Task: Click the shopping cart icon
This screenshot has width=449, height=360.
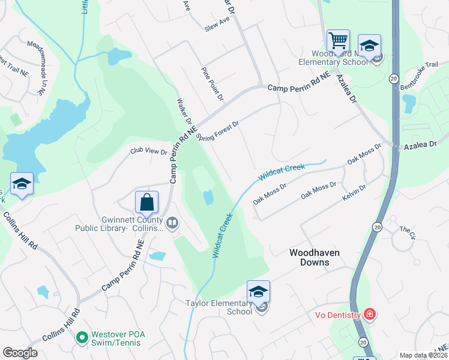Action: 338,41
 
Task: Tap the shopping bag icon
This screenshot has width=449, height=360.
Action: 146,202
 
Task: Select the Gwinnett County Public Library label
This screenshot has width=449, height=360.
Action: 119,223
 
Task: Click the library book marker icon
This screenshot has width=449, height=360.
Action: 172,223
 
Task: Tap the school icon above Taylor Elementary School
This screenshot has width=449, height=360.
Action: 258,292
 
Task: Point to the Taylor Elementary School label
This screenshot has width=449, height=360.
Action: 218,307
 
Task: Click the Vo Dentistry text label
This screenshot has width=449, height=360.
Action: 338,315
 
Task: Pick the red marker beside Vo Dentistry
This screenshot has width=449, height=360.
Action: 370,314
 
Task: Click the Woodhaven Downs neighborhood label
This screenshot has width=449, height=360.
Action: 314,258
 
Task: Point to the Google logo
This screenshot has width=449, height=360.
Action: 20,353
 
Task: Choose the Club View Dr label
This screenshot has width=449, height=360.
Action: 148,151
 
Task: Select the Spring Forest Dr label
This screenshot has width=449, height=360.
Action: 218,130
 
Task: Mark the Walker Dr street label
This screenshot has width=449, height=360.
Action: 184,118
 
